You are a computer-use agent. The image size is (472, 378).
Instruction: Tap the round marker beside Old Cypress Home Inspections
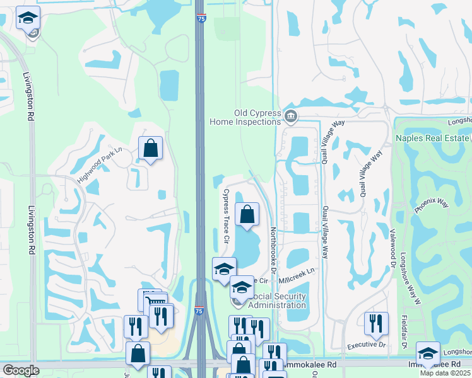point(291,115)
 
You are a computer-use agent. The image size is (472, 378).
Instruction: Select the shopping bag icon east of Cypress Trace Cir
point(247,214)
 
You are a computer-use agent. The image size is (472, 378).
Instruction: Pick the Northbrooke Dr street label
point(273,251)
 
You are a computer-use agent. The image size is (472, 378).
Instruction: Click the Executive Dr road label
point(367,345)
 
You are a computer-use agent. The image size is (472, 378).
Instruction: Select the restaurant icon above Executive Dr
point(376,324)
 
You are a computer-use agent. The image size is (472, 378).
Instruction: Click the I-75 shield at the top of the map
point(200,20)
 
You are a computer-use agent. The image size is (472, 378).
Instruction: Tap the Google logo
point(21,370)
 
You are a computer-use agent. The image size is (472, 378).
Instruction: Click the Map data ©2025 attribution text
point(445,373)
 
